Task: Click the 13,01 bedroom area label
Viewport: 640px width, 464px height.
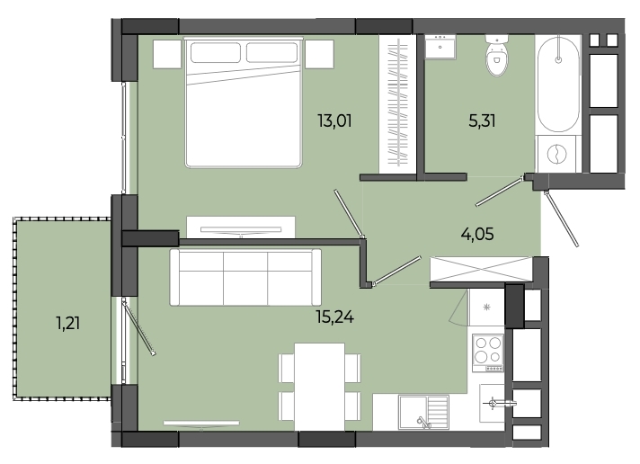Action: (x=334, y=120)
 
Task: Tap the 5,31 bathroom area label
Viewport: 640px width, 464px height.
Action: (x=482, y=120)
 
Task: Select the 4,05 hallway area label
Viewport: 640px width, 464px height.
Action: (x=477, y=235)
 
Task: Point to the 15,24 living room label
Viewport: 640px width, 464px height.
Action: (x=334, y=317)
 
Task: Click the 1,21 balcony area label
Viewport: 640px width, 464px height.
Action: (x=67, y=324)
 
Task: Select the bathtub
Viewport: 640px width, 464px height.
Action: (x=558, y=85)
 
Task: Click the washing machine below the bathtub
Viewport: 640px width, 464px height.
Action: (x=557, y=154)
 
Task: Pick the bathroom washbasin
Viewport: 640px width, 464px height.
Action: (x=440, y=47)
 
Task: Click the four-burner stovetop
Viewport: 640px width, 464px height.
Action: (x=488, y=352)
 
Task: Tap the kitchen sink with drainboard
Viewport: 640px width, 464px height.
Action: (x=423, y=412)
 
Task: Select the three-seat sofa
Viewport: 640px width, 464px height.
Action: (x=245, y=277)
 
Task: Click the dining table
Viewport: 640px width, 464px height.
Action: (x=319, y=387)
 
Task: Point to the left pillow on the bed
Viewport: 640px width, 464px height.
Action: (x=215, y=53)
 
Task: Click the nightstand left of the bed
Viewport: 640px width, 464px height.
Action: (x=167, y=54)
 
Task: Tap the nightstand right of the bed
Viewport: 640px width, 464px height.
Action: (x=320, y=54)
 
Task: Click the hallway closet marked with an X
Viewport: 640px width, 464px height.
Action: (x=481, y=269)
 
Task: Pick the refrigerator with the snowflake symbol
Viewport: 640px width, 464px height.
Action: (x=486, y=308)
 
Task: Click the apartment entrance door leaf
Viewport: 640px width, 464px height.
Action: (x=562, y=219)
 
